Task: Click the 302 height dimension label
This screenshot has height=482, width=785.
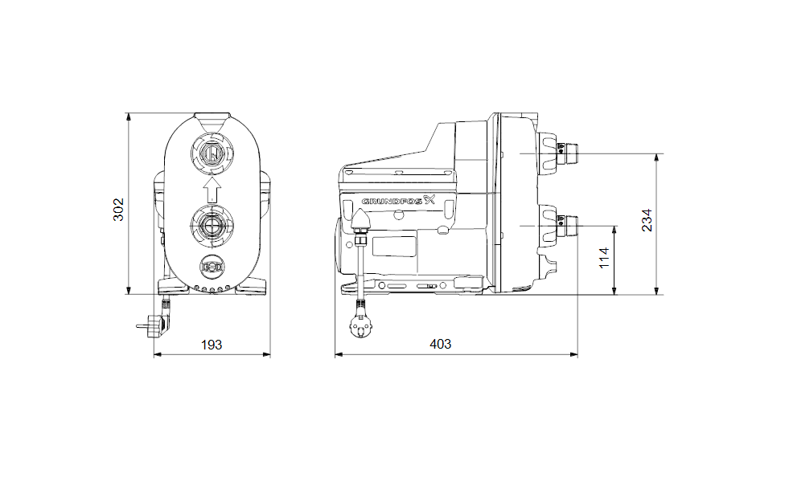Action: pos(118,210)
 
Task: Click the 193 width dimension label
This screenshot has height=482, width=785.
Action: pos(212,345)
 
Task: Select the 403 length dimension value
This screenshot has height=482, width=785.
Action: pos(441,344)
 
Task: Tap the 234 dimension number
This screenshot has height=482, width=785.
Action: pos(647,220)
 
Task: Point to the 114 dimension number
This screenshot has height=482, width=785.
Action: pos(604,258)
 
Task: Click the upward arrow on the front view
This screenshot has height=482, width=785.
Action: pos(212,190)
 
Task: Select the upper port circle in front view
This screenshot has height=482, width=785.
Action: pos(212,153)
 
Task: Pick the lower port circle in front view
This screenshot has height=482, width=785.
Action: pos(212,226)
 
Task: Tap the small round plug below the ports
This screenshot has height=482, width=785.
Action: pos(212,267)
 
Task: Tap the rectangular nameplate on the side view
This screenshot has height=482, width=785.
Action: pos(394,247)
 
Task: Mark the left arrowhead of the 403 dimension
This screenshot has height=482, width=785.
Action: pos(339,354)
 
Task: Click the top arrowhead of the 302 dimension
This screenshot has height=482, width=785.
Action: pos(129,117)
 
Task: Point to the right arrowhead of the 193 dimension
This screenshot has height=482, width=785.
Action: pos(266,354)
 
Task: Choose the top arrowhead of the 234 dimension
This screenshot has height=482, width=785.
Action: pos(657,158)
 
